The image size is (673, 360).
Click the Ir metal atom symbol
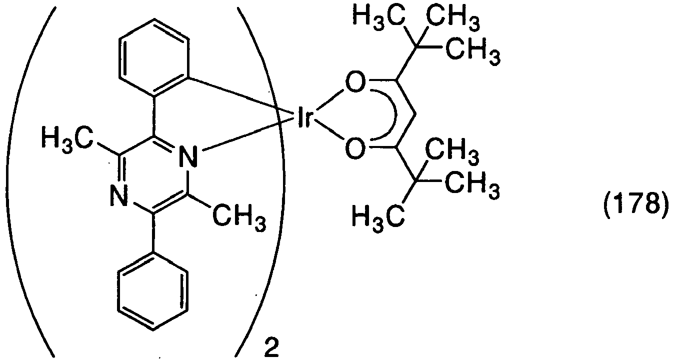304,117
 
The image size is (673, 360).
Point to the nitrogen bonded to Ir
188,156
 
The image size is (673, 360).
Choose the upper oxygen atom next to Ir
355,82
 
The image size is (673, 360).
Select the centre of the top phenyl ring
154,58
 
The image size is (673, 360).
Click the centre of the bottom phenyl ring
153,291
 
